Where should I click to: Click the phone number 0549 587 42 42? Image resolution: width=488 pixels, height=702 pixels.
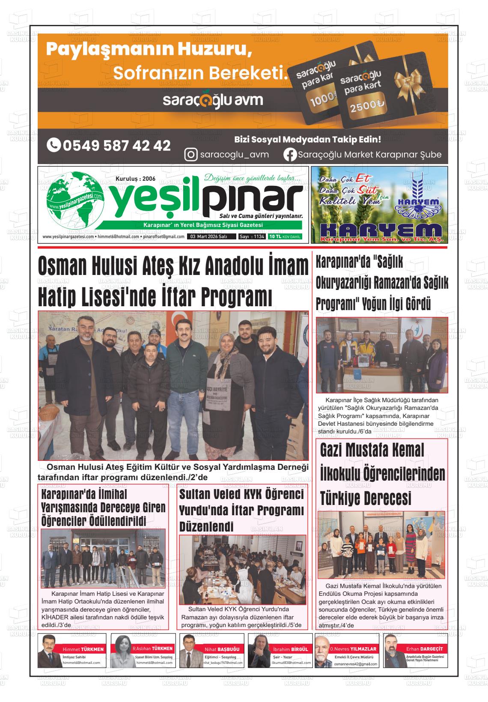[x=109, y=146]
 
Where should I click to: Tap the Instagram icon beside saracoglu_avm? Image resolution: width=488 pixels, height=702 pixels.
[x=190, y=154]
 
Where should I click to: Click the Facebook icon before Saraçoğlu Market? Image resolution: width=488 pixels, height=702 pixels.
[x=290, y=154]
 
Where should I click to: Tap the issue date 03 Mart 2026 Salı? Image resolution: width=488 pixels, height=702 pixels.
[x=209, y=236]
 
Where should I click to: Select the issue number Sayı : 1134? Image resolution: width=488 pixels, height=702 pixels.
[x=252, y=236]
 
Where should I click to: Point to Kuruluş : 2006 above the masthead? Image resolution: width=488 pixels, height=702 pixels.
[x=135, y=179]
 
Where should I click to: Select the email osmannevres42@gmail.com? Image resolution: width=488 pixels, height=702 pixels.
[x=356, y=664]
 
